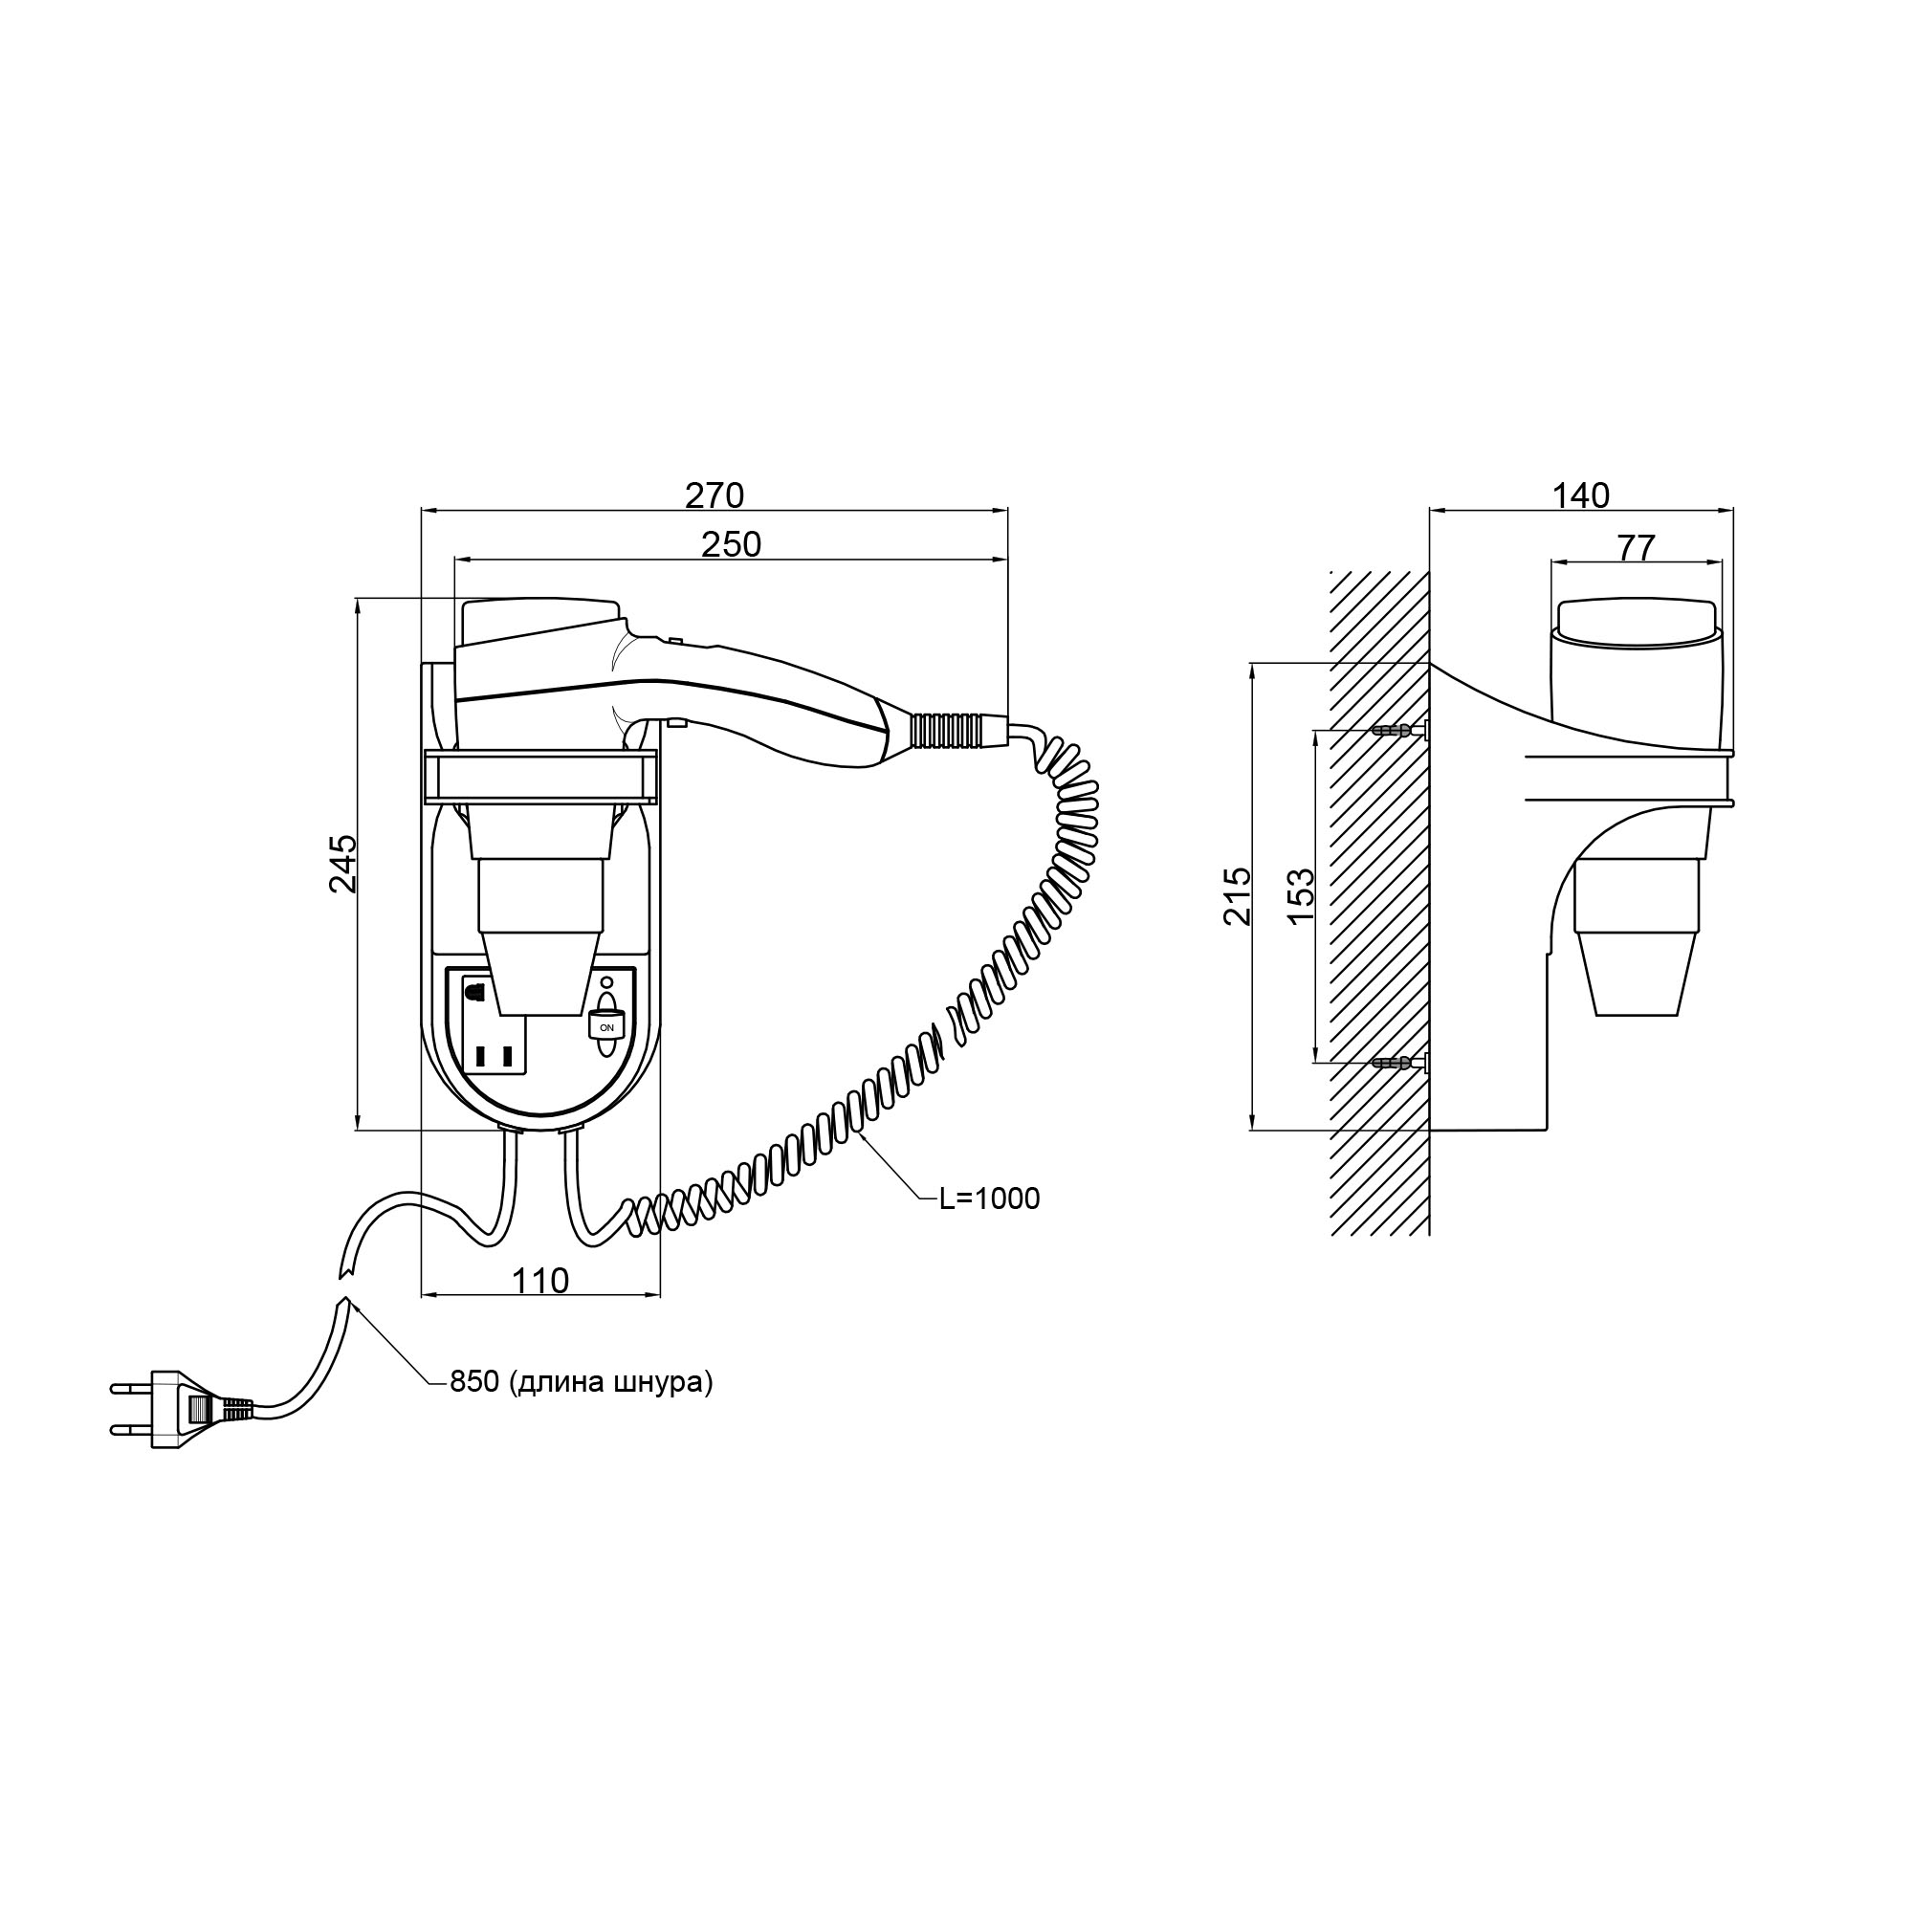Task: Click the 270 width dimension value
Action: [x=714, y=495]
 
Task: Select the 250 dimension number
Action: [x=731, y=544]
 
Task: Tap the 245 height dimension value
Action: [x=342, y=864]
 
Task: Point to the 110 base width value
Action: [x=540, y=1282]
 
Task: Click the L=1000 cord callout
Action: [x=989, y=1199]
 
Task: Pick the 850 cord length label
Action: [x=582, y=1382]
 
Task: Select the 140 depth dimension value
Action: [x=1580, y=495]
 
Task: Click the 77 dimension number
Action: [x=1635, y=546]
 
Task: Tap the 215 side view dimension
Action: [x=1238, y=896]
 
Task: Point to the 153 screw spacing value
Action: [x=1301, y=896]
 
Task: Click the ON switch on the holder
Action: [x=606, y=1026]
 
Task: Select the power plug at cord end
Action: [x=168, y=1410]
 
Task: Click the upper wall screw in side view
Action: [x=1398, y=732]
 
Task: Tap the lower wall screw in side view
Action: [x=1398, y=1064]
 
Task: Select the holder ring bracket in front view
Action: [x=540, y=777]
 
